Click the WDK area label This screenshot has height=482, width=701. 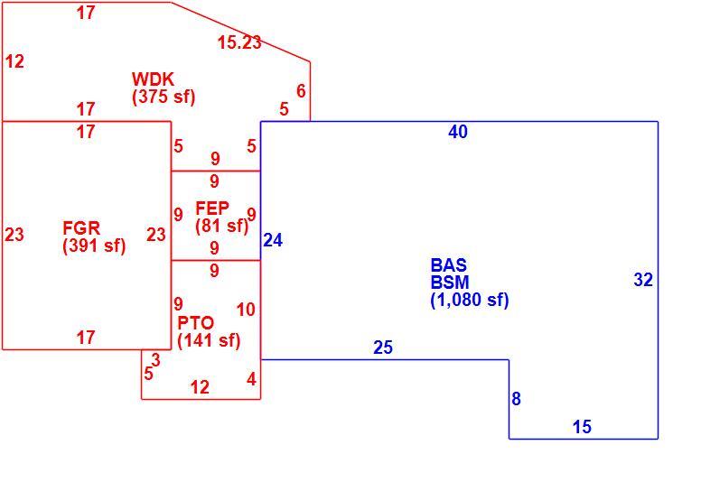pos(153,79)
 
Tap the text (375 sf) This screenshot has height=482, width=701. pos(164,97)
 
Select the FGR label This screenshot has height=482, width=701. pos(81,228)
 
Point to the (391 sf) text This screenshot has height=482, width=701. pos(94,246)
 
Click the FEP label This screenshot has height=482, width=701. pos(212,208)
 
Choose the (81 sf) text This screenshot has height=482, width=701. pos(221,226)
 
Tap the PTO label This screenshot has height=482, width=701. pos(196,322)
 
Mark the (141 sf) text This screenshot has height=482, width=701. pos(209,340)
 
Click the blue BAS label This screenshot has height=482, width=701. pos(449,264)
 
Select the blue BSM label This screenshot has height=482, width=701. pos(450,282)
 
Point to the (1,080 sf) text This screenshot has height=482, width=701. pos(470,300)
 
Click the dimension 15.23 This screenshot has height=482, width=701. pos(239,42)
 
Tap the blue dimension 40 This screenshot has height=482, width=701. pos(458,132)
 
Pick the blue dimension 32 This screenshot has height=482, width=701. pos(643,280)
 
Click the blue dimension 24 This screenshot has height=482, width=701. pos(273,240)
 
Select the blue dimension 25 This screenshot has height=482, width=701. pos(383,348)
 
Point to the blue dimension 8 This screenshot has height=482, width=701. pos(517,398)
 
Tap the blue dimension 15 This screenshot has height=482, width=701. pos(582,427)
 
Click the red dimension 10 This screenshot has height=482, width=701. pos(246,310)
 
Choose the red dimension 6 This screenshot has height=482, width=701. pos(302,91)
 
